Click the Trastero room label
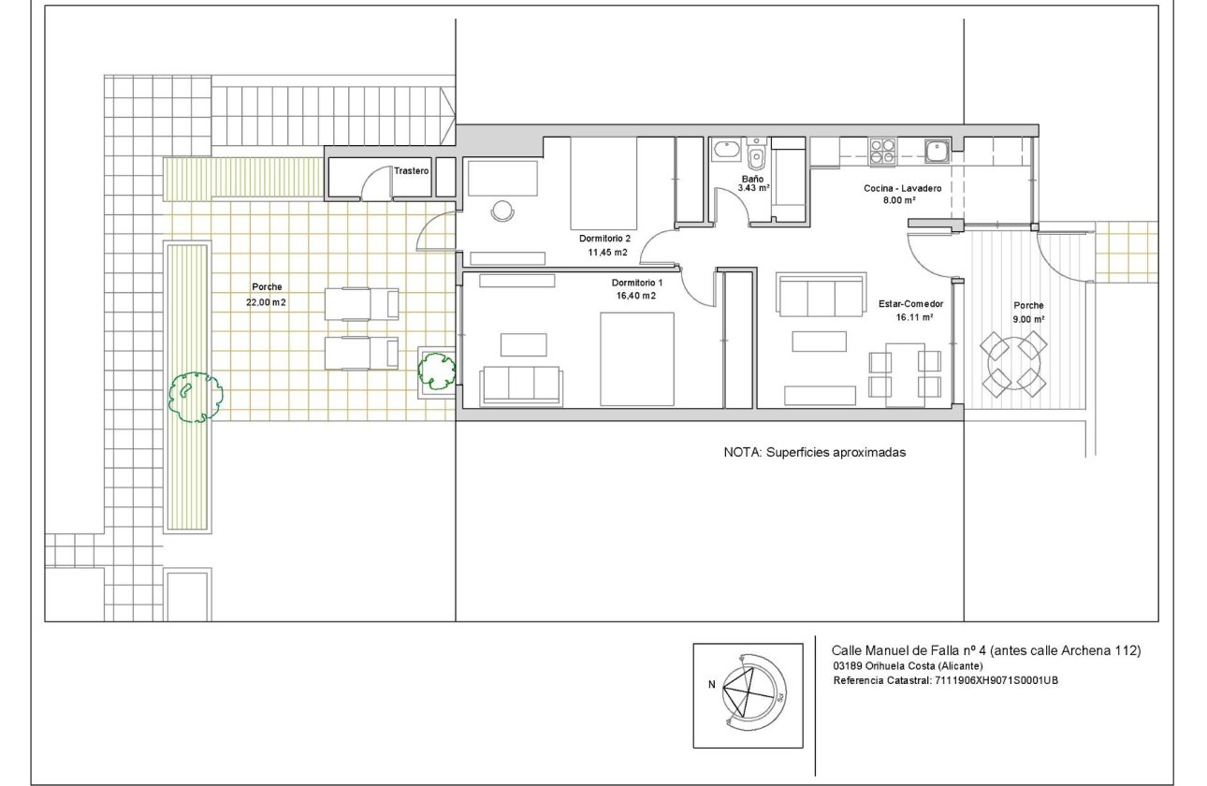click(411, 171)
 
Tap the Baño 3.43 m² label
click(753, 183)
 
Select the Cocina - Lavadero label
click(902, 188)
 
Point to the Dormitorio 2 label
click(604, 238)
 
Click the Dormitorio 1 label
click(637, 283)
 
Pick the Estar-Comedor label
click(910, 304)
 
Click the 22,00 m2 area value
click(266, 302)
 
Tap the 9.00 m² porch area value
click(1028, 319)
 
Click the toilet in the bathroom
click(757, 153)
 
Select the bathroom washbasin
click(727, 149)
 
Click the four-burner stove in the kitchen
click(882, 151)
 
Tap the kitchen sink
click(937, 151)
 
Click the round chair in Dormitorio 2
click(502, 211)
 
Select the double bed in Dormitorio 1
click(637, 358)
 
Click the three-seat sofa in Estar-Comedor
click(822, 294)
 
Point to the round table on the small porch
click(1013, 364)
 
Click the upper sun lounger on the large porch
click(361, 304)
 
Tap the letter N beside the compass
click(711, 684)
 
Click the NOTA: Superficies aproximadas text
click(814, 452)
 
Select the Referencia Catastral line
click(945, 680)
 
